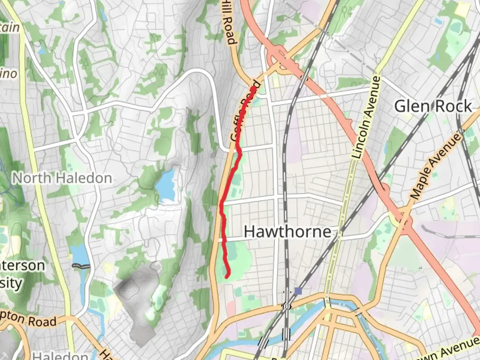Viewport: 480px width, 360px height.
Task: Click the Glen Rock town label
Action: click(x=433, y=107)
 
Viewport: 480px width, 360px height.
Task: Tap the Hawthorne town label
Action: click(x=288, y=231)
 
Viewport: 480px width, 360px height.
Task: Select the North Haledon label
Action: click(x=62, y=178)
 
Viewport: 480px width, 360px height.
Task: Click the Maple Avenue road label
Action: click(x=436, y=166)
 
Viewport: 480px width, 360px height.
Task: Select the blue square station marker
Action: click(x=298, y=291)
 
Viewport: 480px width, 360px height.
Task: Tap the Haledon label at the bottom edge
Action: click(x=60, y=355)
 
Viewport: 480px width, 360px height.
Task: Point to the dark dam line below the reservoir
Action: click(x=81, y=266)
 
